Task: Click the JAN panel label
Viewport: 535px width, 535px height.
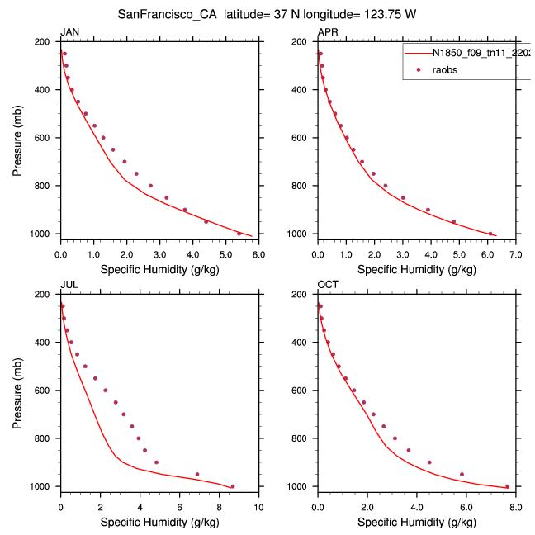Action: coord(69,32)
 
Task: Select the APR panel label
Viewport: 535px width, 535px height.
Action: coord(327,32)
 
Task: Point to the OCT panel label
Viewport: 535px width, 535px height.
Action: coord(327,286)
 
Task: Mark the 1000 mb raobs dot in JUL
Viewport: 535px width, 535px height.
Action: coord(232,486)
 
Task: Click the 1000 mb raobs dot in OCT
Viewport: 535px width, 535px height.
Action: coord(507,486)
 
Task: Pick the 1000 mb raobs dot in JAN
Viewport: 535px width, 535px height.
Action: coord(239,234)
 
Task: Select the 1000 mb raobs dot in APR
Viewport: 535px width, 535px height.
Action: coord(490,234)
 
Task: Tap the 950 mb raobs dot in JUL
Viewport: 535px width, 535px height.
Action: coord(196,474)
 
